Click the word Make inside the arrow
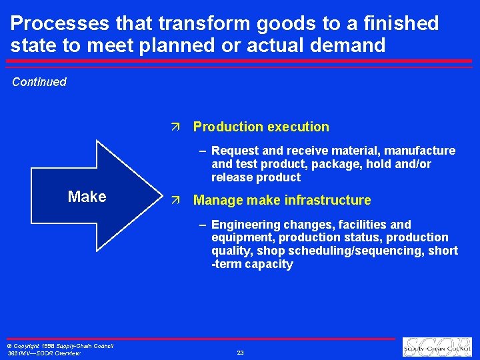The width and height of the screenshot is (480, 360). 87,197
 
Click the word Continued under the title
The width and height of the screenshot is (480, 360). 39,82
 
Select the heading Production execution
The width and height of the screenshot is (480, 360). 261,127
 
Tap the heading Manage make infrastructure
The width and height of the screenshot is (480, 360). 281,200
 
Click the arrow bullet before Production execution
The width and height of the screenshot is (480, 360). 175,127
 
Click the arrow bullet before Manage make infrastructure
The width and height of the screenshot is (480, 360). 175,200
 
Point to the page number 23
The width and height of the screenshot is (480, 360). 240,352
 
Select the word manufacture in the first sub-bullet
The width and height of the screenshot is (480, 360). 425,151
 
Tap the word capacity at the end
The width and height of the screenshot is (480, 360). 269,264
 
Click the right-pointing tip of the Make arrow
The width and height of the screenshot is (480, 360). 161,197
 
